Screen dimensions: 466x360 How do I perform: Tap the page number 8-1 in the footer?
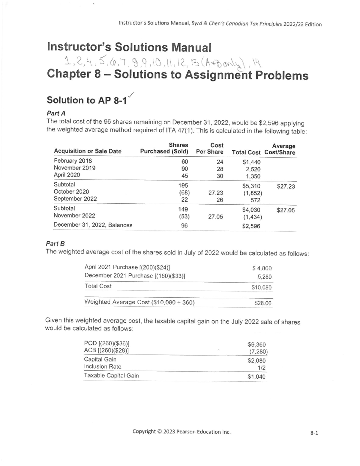314,433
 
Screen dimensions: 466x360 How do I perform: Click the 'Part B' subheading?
55,243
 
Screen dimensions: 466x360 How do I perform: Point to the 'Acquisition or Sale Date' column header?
87,151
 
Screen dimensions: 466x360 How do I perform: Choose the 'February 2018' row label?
73,161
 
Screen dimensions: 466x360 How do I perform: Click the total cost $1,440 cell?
251,162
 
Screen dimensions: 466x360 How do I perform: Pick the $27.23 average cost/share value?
286,187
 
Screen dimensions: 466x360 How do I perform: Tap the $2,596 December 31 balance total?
251,226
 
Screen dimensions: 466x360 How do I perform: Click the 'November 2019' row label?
74,168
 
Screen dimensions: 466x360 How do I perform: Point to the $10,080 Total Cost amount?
261,287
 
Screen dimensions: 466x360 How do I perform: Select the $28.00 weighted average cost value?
262,303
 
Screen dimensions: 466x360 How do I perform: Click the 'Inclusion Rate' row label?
103,366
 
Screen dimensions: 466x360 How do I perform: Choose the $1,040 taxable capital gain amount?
256,377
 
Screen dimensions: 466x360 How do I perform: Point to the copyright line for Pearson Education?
181,432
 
